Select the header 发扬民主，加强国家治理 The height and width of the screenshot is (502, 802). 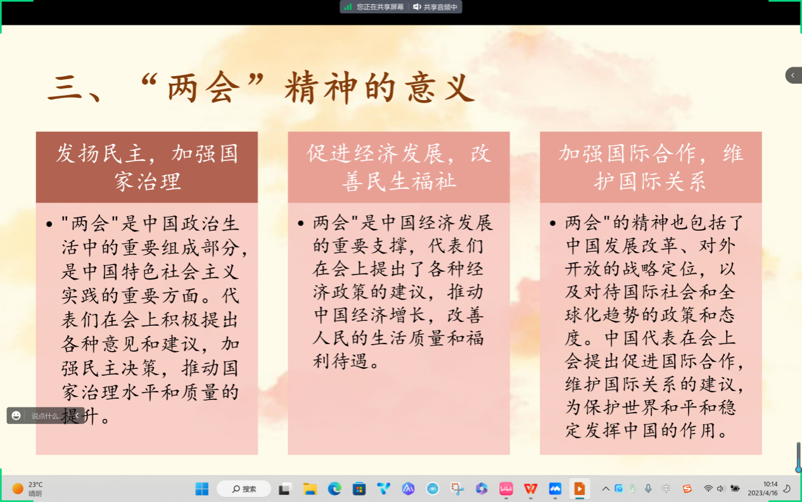(x=147, y=167)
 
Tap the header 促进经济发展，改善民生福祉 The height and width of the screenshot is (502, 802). (x=398, y=167)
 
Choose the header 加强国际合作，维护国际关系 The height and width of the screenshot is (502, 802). (x=651, y=167)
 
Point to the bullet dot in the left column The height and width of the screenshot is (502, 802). (x=49, y=224)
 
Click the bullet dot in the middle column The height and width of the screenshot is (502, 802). (x=301, y=224)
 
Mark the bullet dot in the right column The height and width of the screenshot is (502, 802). (x=553, y=224)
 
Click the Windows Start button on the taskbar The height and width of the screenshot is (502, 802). (x=202, y=489)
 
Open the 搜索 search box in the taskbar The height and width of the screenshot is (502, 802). (x=244, y=489)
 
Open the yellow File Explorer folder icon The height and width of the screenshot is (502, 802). (x=310, y=489)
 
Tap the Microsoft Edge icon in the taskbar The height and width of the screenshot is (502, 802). (x=334, y=489)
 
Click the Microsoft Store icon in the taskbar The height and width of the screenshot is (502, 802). (x=359, y=489)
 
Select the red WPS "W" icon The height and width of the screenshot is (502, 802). (x=531, y=489)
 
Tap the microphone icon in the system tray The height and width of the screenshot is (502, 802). (x=648, y=489)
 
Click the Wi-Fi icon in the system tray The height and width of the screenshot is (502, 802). (x=708, y=489)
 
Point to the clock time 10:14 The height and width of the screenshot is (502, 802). (x=770, y=484)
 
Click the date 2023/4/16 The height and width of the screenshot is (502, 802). (x=763, y=493)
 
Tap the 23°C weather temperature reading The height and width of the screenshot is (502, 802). (x=35, y=484)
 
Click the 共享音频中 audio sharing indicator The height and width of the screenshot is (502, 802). (x=436, y=7)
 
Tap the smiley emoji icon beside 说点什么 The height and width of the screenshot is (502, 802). (x=16, y=415)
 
